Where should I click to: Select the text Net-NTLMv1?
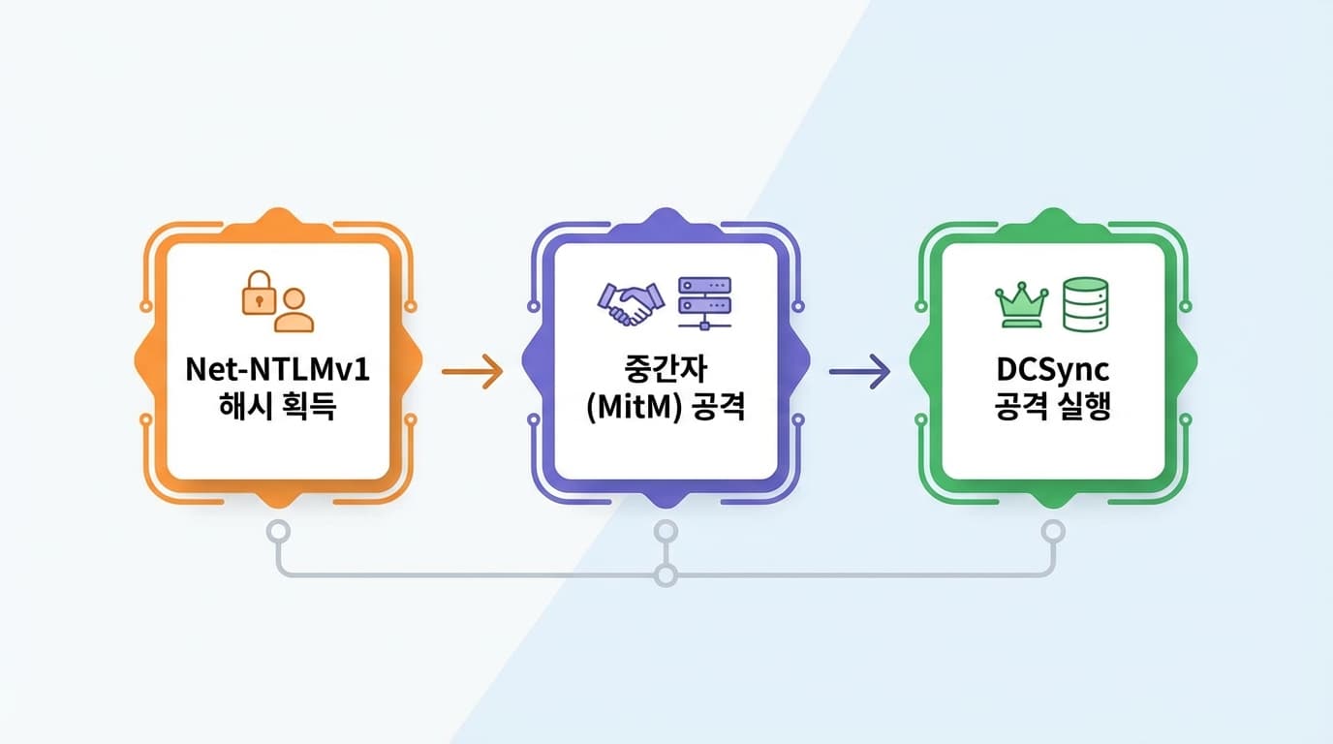pyautogui.click(x=278, y=371)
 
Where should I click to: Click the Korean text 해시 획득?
pyautogui.click(x=278, y=407)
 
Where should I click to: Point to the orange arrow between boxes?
pyautogui.click(x=472, y=371)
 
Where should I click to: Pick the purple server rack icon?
pyautogui.click(x=704, y=302)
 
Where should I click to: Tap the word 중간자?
pyautogui.click(x=666, y=371)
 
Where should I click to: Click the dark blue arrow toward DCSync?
pyautogui.click(x=859, y=371)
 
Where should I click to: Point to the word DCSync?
pyautogui.click(x=1053, y=371)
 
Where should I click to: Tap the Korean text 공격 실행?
pyautogui.click(x=1053, y=407)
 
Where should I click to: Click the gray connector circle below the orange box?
pyautogui.click(x=278, y=531)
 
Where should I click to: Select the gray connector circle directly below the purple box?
pyautogui.click(x=666, y=531)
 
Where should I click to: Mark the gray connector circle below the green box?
pyautogui.click(x=1053, y=531)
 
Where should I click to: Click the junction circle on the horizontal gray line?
pyautogui.click(x=666, y=575)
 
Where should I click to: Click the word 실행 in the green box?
pyautogui.click(x=1084, y=407)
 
